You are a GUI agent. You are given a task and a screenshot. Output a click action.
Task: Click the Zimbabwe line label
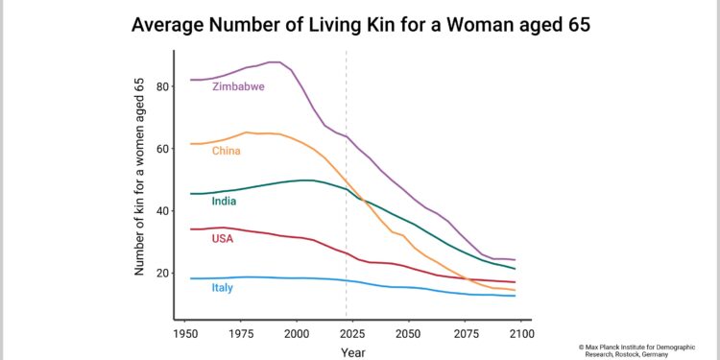pyautogui.click(x=238, y=86)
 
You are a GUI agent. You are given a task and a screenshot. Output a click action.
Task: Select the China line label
pyautogui.click(x=226, y=151)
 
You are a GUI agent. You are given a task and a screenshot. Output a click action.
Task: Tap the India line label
pyautogui.click(x=224, y=202)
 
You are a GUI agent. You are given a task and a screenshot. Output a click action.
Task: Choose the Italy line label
pyautogui.click(x=223, y=287)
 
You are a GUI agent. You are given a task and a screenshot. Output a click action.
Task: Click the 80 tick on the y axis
pyautogui.click(x=163, y=86)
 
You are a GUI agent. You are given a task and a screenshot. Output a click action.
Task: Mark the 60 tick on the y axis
pyautogui.click(x=163, y=149)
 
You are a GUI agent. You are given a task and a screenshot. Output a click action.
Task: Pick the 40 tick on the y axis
pyautogui.click(x=163, y=211)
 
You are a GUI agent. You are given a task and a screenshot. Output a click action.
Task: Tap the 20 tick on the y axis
pyautogui.click(x=163, y=274)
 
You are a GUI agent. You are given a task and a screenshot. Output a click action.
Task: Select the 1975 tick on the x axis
pyautogui.click(x=241, y=333)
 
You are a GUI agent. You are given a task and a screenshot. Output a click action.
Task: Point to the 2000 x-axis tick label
pyautogui.click(x=297, y=333)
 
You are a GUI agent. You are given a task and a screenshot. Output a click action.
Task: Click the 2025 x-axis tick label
pyautogui.click(x=352, y=333)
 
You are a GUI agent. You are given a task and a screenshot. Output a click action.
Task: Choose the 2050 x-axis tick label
pyautogui.click(x=408, y=333)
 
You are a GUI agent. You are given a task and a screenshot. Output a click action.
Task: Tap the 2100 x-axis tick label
pyautogui.click(x=519, y=333)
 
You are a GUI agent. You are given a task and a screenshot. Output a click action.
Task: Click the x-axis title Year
pyautogui.click(x=352, y=352)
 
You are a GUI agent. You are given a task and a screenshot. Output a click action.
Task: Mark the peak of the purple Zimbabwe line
pyautogui.click(x=275, y=62)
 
